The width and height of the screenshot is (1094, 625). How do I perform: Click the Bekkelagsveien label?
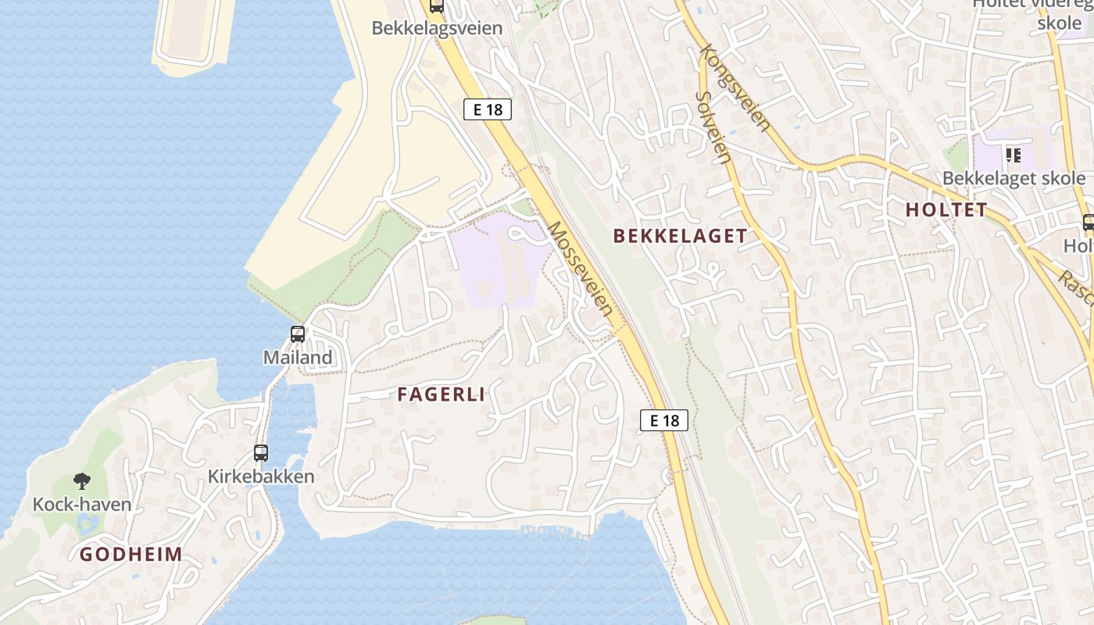(436, 28)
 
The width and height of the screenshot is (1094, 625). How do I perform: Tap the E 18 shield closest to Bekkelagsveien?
(488, 109)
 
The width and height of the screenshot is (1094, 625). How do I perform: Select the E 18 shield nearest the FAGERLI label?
(664, 420)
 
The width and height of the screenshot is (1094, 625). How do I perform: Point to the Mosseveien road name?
(580, 268)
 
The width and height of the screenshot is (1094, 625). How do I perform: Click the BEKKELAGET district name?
(680, 236)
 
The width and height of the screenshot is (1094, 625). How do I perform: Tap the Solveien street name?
(713, 127)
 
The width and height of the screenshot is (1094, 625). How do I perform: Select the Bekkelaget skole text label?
(1014, 178)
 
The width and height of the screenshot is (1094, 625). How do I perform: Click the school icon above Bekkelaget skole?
(1014, 155)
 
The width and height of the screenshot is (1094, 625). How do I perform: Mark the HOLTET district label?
(946, 209)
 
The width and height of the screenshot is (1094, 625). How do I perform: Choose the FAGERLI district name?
(441, 395)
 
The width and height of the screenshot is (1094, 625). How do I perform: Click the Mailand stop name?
(298, 358)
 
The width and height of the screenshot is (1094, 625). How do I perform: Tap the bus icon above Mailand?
(298, 334)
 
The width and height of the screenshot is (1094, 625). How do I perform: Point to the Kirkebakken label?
(261, 477)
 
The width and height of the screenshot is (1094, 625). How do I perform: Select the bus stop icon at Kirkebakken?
(261, 453)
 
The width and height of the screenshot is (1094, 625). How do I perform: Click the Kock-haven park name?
(82, 505)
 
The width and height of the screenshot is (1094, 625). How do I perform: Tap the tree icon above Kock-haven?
(82, 481)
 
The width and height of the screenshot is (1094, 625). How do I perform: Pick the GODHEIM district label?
(131, 555)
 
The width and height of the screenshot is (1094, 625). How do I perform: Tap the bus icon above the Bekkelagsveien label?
(436, 6)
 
